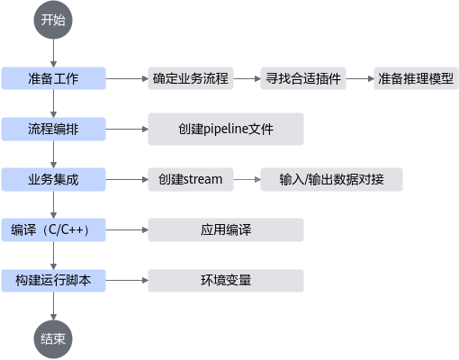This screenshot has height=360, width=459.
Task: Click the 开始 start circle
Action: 53,20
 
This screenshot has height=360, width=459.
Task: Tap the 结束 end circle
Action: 53,339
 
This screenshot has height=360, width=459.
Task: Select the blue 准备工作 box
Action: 53,78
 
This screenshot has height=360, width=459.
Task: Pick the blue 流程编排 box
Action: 53,129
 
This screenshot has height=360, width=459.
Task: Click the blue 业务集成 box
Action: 53,179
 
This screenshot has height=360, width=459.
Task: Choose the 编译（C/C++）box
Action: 53,229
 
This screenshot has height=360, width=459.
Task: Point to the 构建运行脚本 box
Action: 53,281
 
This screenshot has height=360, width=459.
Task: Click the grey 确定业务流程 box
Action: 191,78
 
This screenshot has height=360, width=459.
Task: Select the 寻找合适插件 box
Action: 303,78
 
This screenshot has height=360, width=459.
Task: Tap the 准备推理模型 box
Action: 416,78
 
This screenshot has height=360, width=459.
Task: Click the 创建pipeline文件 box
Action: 226,129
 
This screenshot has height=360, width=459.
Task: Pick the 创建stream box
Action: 191,179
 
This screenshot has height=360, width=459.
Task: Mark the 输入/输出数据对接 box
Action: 331,179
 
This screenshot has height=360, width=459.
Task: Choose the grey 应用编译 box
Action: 226,229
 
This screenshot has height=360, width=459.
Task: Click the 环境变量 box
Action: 226,281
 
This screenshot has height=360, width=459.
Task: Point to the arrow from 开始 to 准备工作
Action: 53,53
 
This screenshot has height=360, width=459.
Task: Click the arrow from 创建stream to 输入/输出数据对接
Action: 247,179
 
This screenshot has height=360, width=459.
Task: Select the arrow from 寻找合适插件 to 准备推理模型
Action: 360,78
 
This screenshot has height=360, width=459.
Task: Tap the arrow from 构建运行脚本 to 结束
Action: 53,306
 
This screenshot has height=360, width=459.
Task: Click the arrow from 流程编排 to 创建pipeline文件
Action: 127,129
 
